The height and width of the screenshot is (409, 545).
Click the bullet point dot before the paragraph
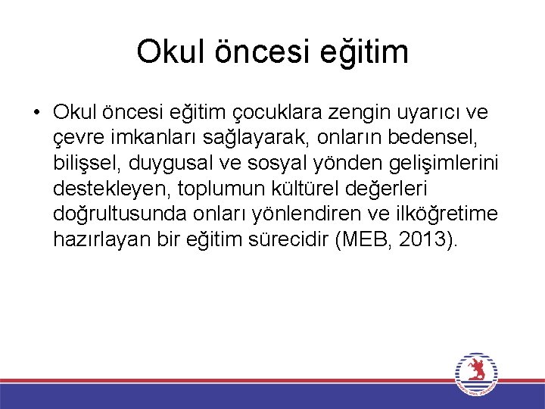tap(36, 113)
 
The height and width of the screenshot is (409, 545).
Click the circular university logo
tap(476, 374)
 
